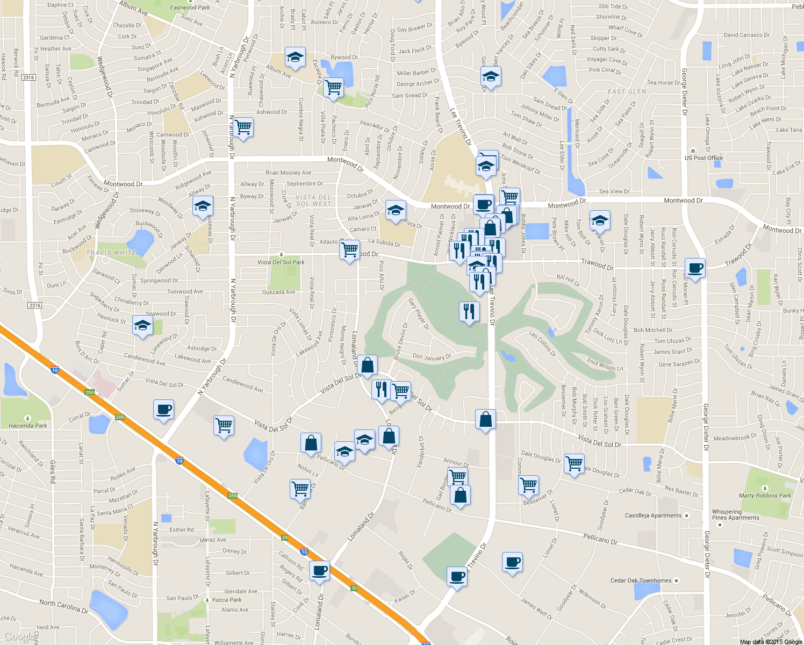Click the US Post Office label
click(703, 158)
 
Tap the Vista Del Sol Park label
click(281, 262)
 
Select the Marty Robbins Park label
click(765, 496)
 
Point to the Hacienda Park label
click(28, 425)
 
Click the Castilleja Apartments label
click(653, 515)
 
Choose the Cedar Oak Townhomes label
click(641, 580)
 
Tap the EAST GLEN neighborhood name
click(627, 91)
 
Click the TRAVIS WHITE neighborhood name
click(111, 253)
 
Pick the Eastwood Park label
click(190, 8)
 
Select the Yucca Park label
click(226, 600)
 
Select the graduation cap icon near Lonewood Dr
click(142, 325)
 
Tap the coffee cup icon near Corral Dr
click(163, 410)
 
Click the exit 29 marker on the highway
click(285, 537)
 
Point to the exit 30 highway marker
click(354, 589)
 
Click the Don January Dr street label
click(432, 357)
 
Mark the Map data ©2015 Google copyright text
click(771, 642)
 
